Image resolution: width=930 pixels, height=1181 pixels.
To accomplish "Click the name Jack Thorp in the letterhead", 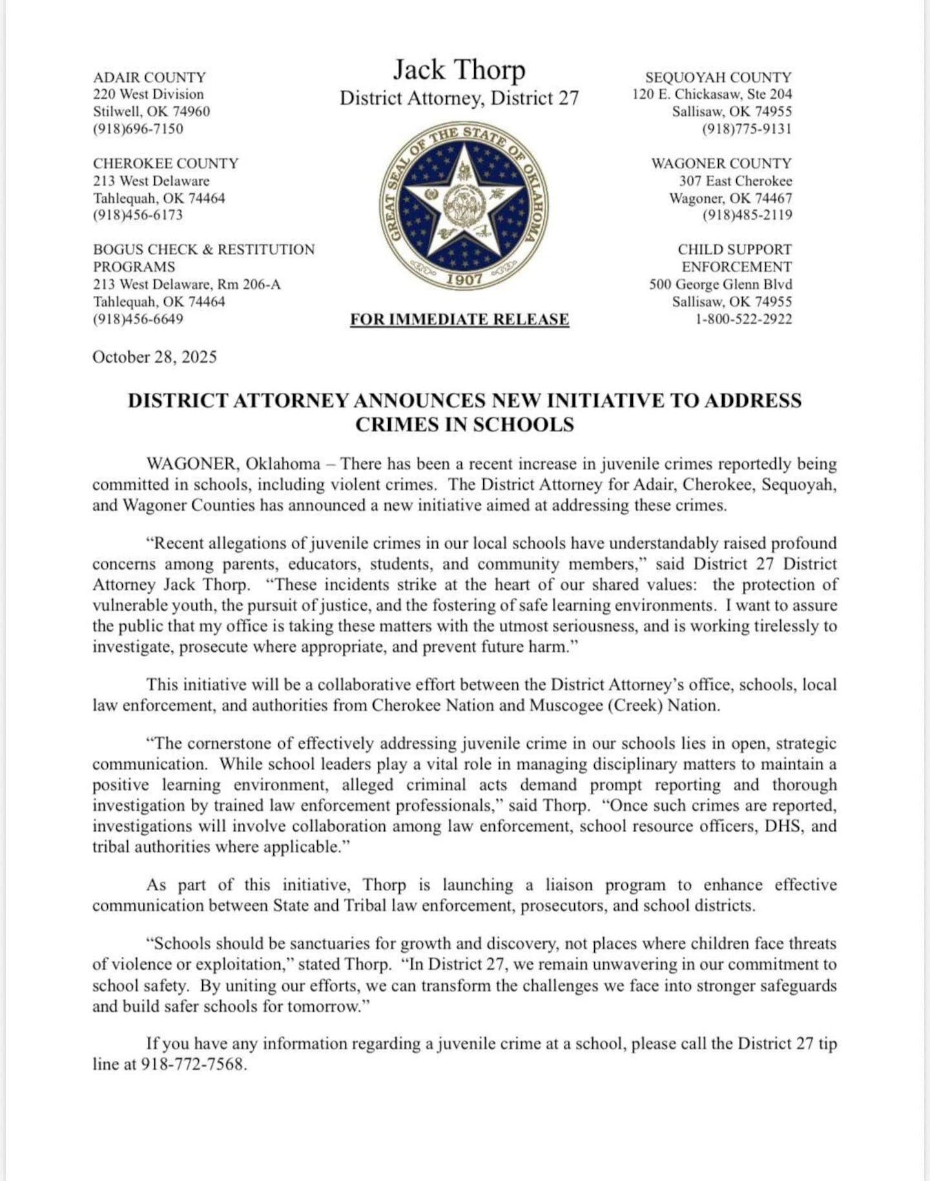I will click(x=459, y=70).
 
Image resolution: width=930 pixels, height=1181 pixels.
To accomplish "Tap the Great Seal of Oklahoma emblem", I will click(x=464, y=205).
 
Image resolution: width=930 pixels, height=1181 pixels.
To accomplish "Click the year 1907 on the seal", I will click(x=464, y=278).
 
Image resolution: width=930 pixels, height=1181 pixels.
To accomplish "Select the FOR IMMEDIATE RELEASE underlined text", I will click(x=459, y=319).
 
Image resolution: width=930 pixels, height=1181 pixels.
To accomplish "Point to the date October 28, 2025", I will click(x=154, y=357).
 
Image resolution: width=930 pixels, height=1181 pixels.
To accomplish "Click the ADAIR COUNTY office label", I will click(x=149, y=77).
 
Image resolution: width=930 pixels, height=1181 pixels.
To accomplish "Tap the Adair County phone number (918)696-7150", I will click(x=138, y=129).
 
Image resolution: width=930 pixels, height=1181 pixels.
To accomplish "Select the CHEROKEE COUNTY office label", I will click(x=166, y=163).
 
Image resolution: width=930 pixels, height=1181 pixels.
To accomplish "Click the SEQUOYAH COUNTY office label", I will click(x=718, y=77).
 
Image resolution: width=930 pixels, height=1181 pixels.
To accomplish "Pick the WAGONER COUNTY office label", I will click(x=721, y=163).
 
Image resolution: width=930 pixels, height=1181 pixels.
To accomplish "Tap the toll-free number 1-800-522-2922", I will click(x=743, y=319).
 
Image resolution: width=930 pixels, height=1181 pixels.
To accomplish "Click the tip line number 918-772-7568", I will click(x=193, y=1064).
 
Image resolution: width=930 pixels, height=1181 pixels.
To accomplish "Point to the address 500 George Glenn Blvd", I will click(x=721, y=284).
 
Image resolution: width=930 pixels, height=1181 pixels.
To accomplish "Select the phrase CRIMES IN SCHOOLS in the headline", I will click(x=464, y=424).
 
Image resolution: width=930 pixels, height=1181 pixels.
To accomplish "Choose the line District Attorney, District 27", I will click(x=459, y=98).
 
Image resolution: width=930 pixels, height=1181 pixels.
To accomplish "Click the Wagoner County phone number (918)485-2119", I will click(x=747, y=215).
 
